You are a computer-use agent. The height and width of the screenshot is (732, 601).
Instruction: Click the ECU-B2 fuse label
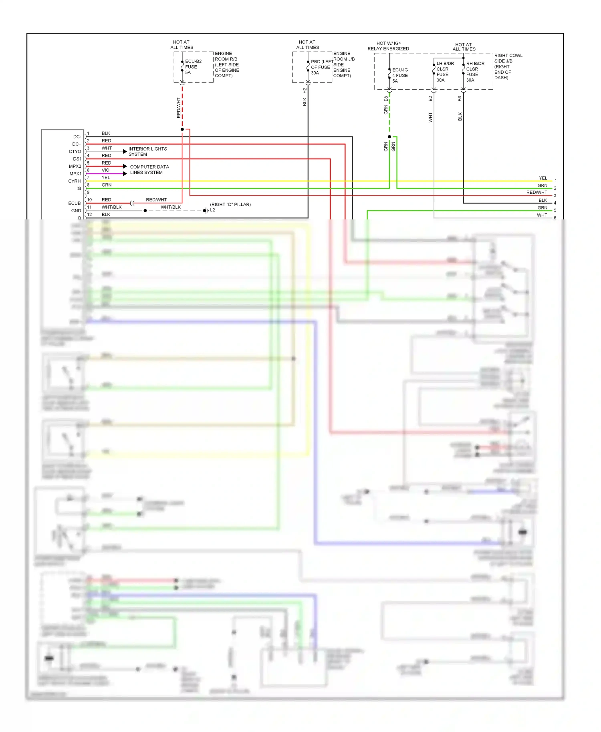[193, 67]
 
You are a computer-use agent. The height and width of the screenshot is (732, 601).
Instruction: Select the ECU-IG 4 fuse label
[399, 75]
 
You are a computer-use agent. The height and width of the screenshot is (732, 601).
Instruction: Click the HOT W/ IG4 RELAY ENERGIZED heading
[388, 46]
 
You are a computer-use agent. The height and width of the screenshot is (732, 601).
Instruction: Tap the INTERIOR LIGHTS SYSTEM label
[147, 151]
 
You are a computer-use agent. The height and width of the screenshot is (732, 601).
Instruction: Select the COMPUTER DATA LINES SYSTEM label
[149, 170]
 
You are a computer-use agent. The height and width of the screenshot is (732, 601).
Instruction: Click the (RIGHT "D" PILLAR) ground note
[230, 204]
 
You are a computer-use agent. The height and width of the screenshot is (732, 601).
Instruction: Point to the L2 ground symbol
[206, 211]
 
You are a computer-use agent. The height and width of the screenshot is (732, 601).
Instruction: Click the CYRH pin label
[75, 181]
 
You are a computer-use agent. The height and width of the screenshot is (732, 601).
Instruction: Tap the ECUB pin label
[75, 203]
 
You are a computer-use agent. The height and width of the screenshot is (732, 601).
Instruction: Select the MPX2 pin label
[75, 166]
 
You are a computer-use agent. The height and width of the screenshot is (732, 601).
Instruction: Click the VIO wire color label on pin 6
[105, 170]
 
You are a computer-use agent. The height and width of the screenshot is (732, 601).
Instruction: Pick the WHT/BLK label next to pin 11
[111, 207]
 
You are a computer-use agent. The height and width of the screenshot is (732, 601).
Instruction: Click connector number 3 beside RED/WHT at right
[555, 196]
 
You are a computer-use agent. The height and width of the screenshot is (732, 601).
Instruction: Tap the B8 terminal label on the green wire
[386, 99]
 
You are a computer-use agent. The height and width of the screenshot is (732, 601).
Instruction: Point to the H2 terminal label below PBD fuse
[305, 91]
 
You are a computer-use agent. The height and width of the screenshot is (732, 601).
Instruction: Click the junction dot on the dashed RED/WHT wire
[182, 129]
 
